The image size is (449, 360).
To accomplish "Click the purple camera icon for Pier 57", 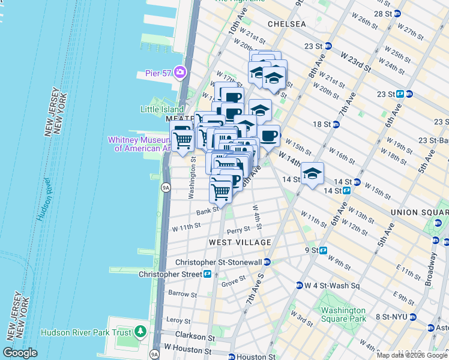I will pos(180,73).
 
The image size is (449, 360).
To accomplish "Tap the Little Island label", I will pos(159,109).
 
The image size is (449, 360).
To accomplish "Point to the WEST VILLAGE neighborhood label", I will pos(240,242).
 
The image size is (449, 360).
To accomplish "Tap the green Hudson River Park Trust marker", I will pos(140,331).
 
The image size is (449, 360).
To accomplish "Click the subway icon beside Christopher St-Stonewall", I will pos(267,262).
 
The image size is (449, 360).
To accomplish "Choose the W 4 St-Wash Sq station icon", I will pos(298,285).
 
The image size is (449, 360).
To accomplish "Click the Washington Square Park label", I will pos(343,314).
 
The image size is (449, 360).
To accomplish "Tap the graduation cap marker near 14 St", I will pos(312,173).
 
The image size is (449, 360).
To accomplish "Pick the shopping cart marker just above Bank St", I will pos(221,192).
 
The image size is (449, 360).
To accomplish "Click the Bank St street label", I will pos(207,212).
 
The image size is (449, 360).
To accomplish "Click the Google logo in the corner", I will pos(20,353).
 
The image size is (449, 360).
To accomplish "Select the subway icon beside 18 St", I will pos(336,124).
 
